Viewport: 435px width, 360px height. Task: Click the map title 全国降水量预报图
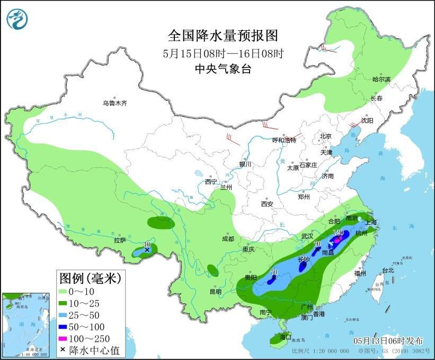click(x=223, y=36)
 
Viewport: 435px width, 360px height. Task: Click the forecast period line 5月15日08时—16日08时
click(x=223, y=53)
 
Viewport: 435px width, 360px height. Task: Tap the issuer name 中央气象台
click(x=223, y=68)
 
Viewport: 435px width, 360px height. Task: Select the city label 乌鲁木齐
click(x=115, y=103)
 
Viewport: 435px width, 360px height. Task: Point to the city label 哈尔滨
click(x=381, y=80)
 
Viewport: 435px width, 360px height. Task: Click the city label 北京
click(x=325, y=136)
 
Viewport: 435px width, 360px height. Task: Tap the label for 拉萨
click(x=120, y=240)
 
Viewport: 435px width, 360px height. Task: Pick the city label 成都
click(x=228, y=239)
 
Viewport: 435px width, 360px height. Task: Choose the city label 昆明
click(x=216, y=292)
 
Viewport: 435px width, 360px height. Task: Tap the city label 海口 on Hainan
click(x=286, y=337)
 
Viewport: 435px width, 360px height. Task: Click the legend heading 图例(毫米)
click(x=90, y=277)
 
